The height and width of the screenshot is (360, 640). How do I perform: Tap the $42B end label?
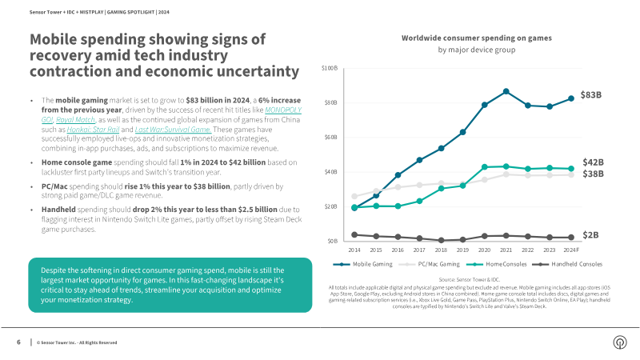pyautogui.click(x=592, y=162)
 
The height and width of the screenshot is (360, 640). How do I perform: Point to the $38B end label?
pyautogui.click(x=592, y=174)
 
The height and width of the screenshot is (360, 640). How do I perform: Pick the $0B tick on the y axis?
pyautogui.click(x=332, y=241)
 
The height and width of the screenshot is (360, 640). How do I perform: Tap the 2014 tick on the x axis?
pyautogui.click(x=354, y=250)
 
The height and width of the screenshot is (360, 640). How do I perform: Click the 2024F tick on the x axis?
pyautogui.click(x=571, y=250)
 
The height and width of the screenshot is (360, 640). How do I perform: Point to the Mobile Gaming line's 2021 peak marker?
pyautogui.click(x=506, y=91)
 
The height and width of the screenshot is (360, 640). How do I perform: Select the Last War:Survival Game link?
pyautogui.click(x=173, y=130)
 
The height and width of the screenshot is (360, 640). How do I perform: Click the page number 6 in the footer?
pyautogui.click(x=18, y=342)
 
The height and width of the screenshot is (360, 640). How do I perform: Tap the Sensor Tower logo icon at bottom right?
pyautogui.click(x=618, y=342)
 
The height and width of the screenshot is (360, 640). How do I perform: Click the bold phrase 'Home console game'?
pyautogui.click(x=70, y=163)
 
